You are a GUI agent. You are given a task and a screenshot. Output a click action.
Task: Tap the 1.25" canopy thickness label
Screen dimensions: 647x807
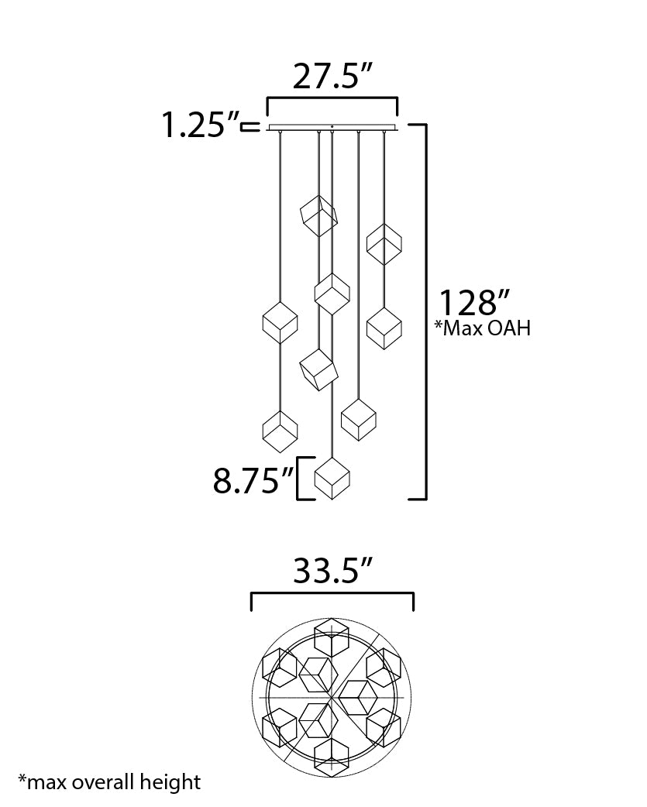pos(200,125)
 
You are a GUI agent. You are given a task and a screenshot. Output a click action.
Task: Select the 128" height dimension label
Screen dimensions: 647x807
pos(474,303)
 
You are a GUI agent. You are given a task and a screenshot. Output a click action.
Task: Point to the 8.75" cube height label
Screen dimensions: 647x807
pos(253,481)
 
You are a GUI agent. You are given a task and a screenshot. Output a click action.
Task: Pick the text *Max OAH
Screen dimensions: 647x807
pos(483,328)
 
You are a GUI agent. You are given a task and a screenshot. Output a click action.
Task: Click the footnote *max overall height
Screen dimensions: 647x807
pos(109,781)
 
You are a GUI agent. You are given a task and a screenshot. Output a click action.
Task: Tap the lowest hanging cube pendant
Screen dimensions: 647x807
pos(332,479)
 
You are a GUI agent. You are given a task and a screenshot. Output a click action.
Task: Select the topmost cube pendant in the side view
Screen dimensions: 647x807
pos(318,215)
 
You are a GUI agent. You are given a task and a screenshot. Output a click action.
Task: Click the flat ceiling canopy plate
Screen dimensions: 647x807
pos(332,128)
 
